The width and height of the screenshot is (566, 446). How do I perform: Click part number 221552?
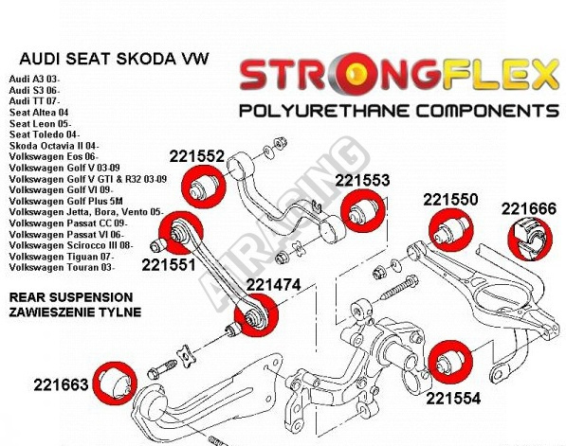(x=197, y=156)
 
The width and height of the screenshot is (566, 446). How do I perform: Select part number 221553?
(x=362, y=180)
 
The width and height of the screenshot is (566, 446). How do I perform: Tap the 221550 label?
(x=450, y=200)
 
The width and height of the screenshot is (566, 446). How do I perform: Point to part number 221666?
(x=529, y=209)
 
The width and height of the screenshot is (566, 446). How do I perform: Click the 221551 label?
(x=169, y=265)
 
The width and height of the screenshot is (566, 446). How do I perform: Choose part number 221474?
(x=273, y=285)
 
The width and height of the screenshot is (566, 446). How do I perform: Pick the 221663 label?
(x=61, y=384)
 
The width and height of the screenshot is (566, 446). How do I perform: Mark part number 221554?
(x=453, y=399)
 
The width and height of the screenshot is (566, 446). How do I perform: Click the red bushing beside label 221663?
(x=115, y=383)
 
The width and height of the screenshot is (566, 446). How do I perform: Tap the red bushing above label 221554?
(x=450, y=363)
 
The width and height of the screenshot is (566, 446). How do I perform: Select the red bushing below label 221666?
(x=530, y=239)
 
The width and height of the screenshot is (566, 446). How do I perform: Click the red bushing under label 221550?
(x=451, y=230)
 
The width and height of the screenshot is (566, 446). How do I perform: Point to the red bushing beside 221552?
(x=204, y=187)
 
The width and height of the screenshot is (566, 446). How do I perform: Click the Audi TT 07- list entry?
(x=34, y=101)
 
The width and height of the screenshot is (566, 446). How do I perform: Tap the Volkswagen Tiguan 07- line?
(x=62, y=257)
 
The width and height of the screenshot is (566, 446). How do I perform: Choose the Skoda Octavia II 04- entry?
(x=53, y=146)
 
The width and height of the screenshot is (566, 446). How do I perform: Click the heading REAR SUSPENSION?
(x=71, y=297)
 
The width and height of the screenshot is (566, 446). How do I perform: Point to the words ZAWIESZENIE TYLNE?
(x=75, y=312)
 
